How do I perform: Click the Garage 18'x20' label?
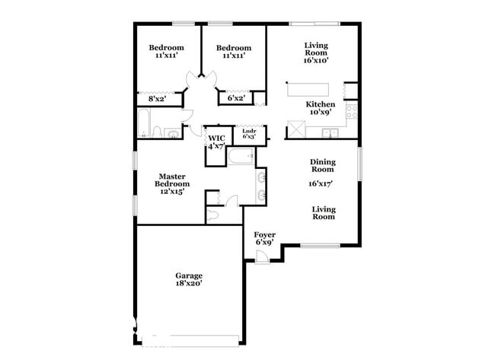[189, 279]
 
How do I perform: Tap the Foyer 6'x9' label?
[264, 238]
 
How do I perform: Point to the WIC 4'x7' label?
[217, 142]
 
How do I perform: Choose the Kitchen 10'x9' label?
[321, 108]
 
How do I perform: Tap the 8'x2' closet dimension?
[157, 98]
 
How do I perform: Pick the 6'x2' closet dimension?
[236, 98]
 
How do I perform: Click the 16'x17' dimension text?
[322, 183]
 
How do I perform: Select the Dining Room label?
[322, 165]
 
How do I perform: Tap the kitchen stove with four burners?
[351, 115]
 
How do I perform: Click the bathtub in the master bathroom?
[243, 158]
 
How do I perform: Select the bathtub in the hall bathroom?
[144, 123]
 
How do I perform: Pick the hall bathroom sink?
[174, 135]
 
